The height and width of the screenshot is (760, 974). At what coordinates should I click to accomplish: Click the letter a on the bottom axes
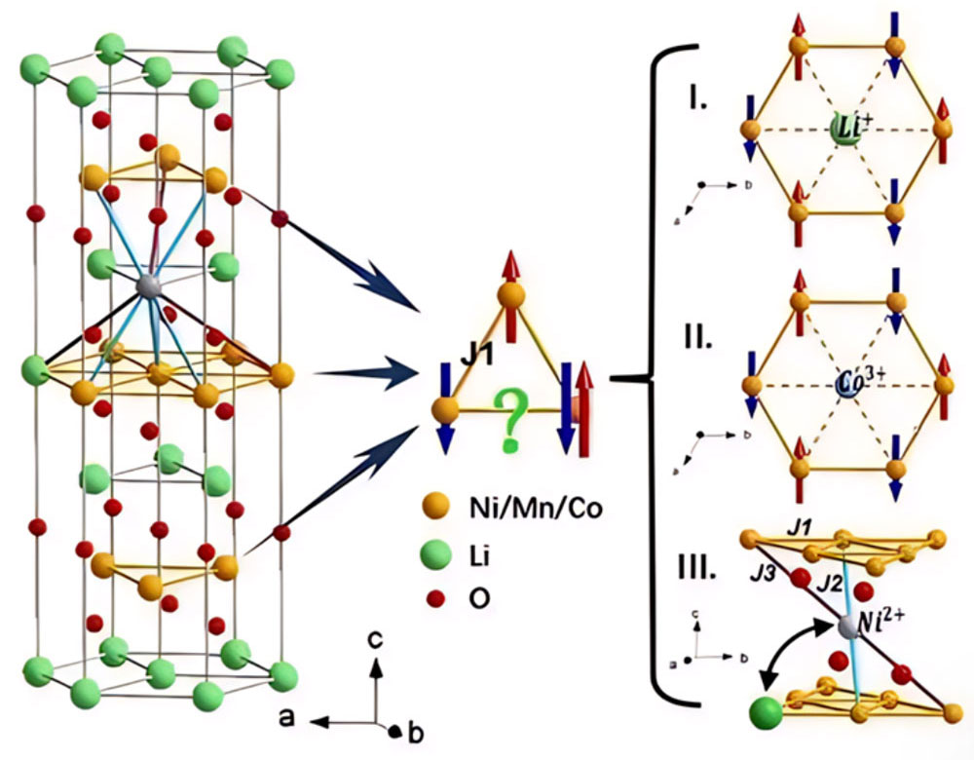click(286, 718)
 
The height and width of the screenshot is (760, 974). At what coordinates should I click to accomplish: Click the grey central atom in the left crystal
click(148, 285)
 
